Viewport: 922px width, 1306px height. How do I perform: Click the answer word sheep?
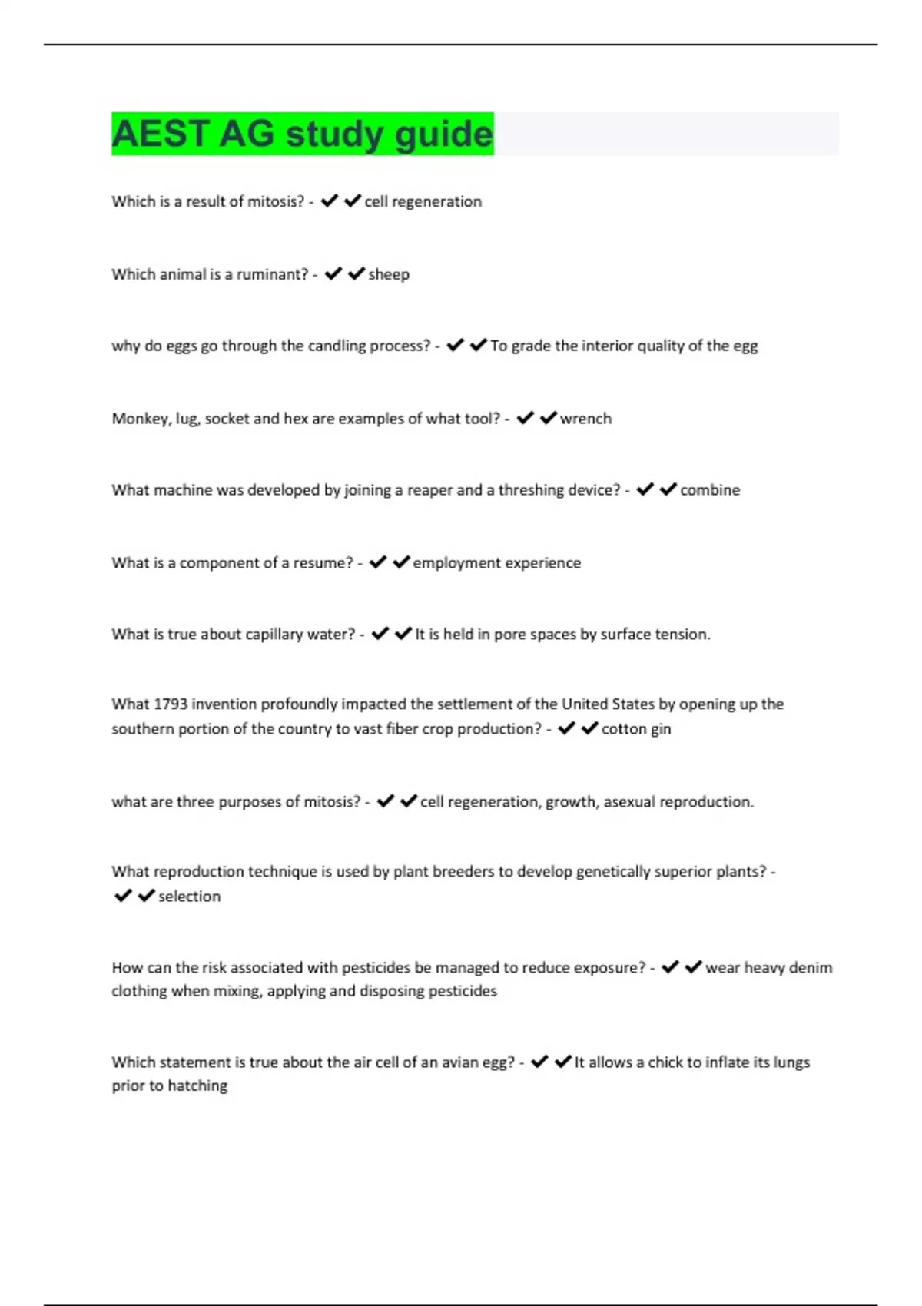coord(389,274)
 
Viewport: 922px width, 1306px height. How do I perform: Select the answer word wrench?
coord(585,419)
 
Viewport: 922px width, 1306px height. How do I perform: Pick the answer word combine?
coord(710,490)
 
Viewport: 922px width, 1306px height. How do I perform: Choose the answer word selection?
coord(189,897)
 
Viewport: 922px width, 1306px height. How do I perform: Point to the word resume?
coord(323,563)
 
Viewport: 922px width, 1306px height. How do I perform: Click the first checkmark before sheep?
coord(333,273)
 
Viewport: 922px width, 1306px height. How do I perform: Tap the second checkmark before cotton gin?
coord(589,728)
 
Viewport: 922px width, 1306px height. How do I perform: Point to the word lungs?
coord(791,1062)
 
